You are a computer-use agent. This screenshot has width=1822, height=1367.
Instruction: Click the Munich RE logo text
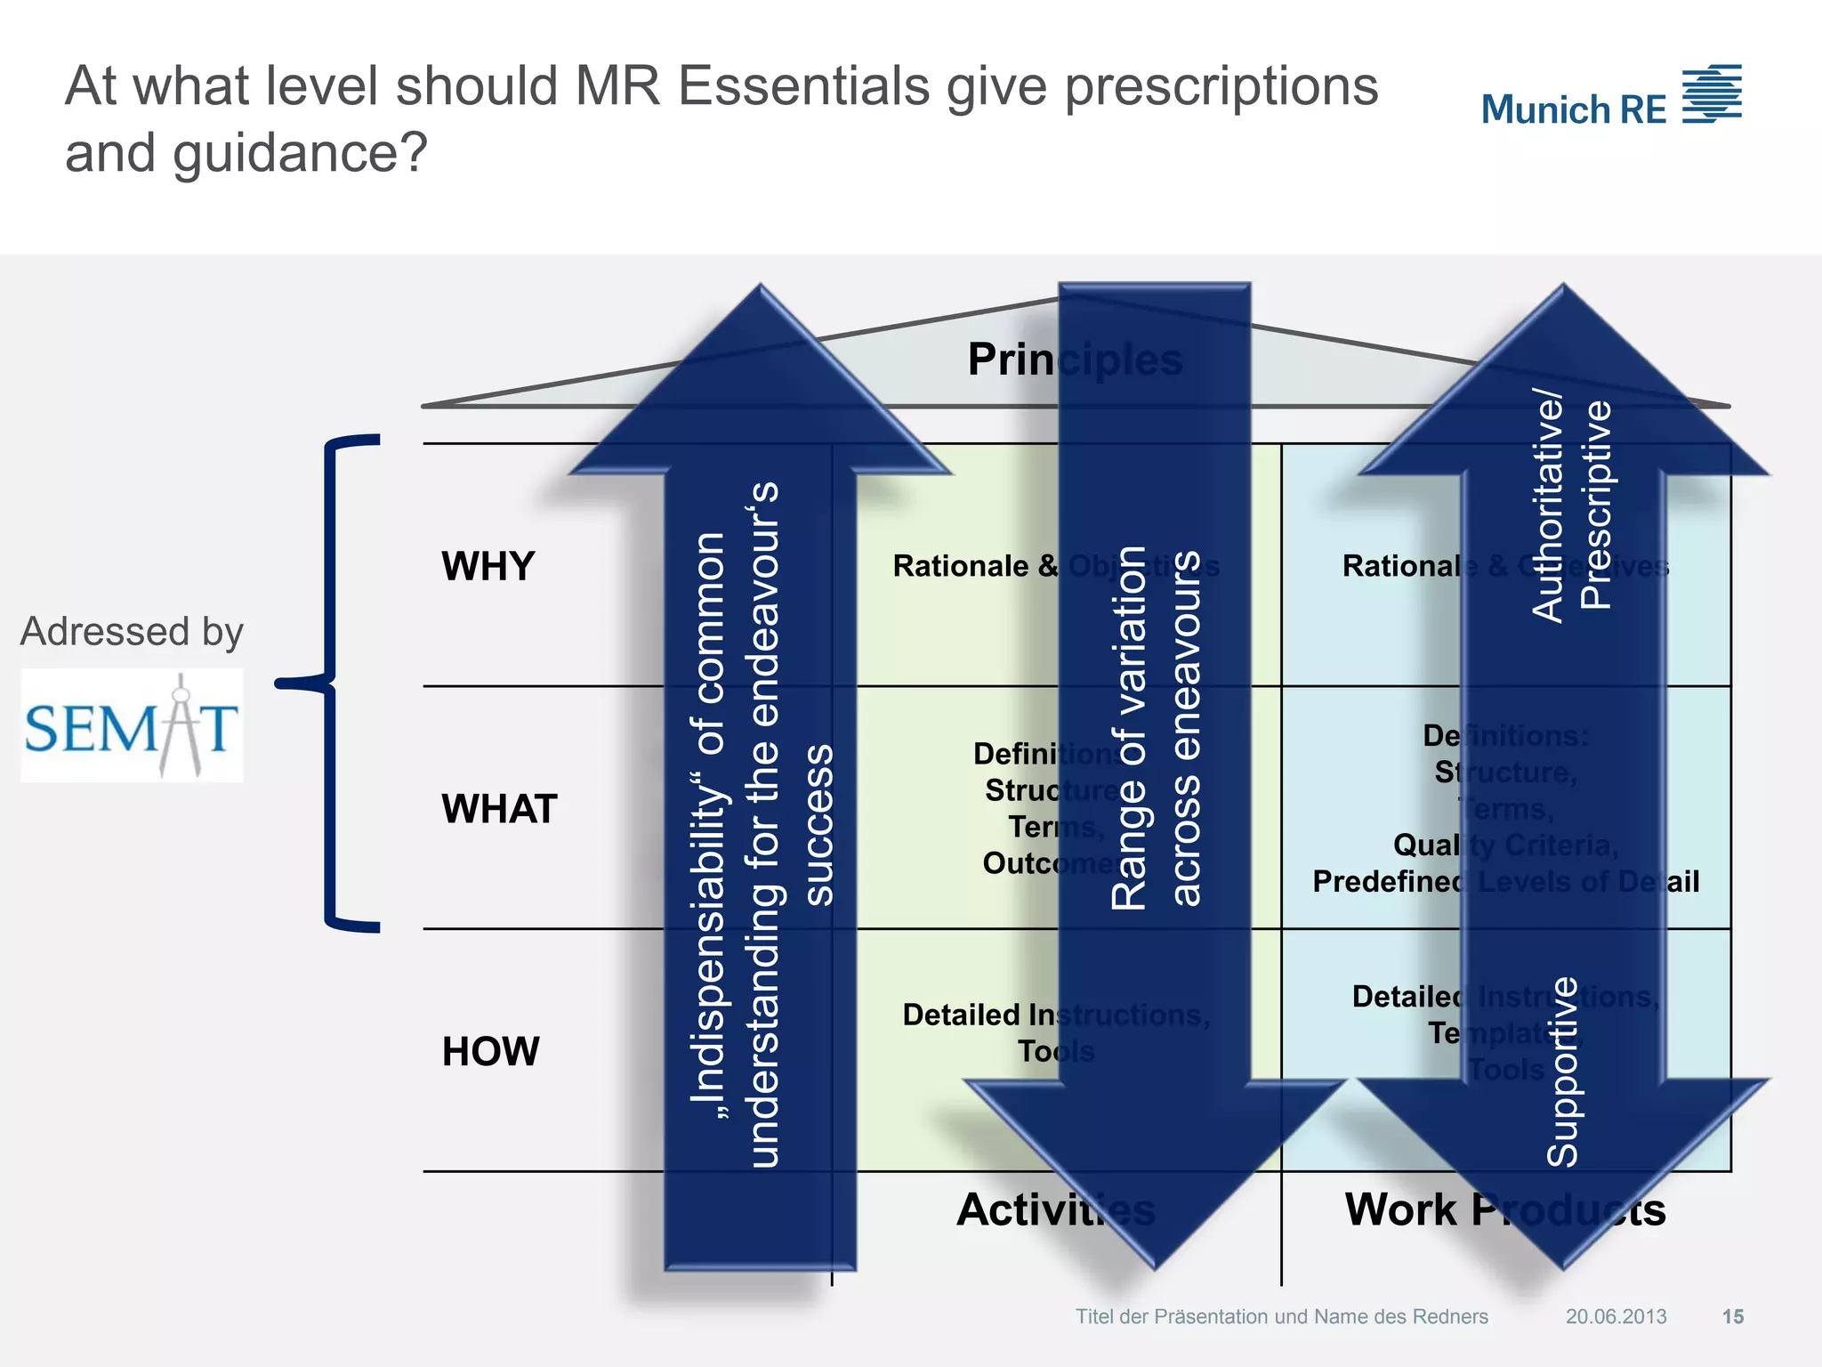[1573, 110]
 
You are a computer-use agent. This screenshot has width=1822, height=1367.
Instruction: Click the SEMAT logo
[132, 726]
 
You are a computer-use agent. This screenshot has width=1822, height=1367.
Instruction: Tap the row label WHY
[488, 566]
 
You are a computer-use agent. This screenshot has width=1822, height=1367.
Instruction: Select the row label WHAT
[499, 809]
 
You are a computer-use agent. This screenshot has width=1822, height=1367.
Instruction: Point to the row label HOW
[490, 1051]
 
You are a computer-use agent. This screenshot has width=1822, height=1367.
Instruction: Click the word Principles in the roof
[1074, 360]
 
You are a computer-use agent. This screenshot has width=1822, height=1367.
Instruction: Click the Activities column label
[1056, 1209]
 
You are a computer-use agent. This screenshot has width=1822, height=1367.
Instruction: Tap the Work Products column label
[1504, 1209]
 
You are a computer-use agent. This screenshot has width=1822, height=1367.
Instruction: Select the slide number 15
[1732, 1316]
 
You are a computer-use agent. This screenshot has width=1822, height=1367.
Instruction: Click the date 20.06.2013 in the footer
[1616, 1316]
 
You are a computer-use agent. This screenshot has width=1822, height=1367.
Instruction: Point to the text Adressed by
[132, 631]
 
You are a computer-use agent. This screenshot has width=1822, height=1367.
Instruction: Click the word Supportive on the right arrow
[1562, 1072]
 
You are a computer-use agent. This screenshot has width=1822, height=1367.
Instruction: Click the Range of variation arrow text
[1155, 728]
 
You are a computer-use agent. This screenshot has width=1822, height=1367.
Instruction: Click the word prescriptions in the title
[1221, 87]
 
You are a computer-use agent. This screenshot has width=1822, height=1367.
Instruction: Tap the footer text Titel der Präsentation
[1281, 1316]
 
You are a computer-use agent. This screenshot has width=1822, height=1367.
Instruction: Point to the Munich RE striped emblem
[1712, 93]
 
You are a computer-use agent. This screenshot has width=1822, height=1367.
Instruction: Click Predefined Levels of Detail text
[1505, 882]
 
